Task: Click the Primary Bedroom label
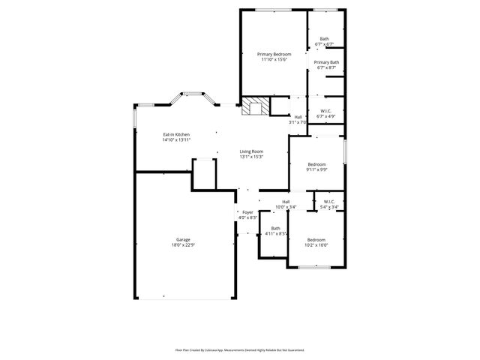point(274,55)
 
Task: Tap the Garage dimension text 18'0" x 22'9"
point(183,245)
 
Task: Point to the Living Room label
point(251,151)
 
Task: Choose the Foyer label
point(247,212)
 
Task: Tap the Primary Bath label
point(326,62)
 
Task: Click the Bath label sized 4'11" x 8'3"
point(275,228)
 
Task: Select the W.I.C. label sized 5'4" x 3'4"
point(329,202)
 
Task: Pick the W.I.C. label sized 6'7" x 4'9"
point(326,111)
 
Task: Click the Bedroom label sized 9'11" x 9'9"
point(316,164)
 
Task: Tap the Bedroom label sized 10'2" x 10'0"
point(316,240)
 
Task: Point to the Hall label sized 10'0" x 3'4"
point(286,202)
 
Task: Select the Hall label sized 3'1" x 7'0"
point(298,117)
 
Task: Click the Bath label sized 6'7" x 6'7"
point(324,39)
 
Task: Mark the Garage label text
point(183,240)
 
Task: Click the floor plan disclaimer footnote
point(240,349)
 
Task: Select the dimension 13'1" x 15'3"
point(251,157)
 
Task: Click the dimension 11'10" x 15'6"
point(274,60)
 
